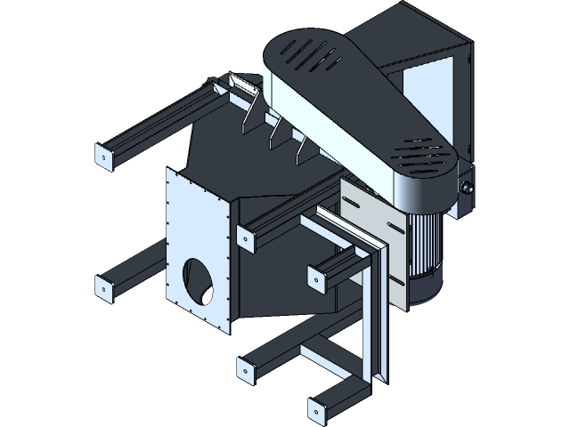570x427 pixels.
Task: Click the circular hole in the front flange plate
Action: (198, 282)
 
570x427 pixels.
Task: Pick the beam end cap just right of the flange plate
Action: (242, 236)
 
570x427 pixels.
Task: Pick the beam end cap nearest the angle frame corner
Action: (313, 278)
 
